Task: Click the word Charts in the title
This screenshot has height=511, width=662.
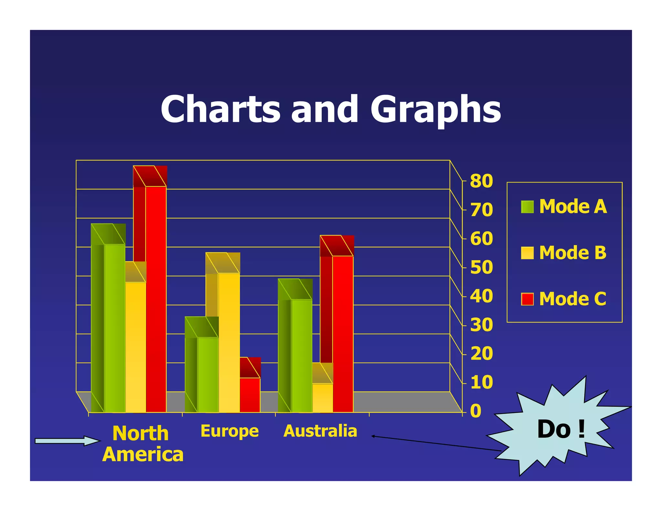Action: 220,109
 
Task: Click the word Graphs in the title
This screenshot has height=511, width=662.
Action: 436,109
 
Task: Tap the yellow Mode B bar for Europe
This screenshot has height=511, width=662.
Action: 229,342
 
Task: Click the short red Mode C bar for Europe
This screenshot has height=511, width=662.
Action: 250,395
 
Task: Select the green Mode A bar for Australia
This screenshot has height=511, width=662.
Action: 302,355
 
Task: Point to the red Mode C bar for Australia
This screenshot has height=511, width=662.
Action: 343,333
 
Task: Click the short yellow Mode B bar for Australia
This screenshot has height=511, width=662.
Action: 323,398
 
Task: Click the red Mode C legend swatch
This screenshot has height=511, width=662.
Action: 527,299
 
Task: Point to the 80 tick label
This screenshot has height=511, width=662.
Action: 481,181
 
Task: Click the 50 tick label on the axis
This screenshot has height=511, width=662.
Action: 481,267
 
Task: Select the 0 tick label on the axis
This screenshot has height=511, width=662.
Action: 475,412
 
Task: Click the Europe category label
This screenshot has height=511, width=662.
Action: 230,431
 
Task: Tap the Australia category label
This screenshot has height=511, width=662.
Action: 320,431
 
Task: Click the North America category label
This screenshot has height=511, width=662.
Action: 142,443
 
